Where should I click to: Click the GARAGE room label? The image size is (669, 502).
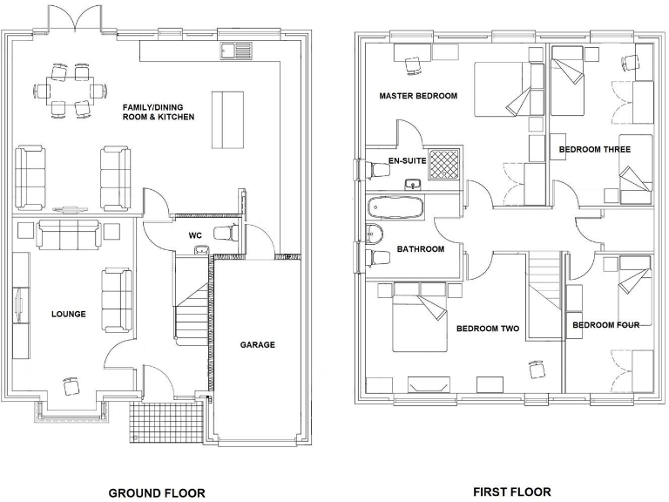pos(258,344)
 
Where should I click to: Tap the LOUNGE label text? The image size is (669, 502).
pos(68,314)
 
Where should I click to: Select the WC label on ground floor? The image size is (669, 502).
pos(195,235)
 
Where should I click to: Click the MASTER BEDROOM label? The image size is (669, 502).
pos(418,96)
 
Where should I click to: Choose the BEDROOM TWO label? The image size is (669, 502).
pos(488,329)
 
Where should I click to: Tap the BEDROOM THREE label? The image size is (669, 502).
pos(594,149)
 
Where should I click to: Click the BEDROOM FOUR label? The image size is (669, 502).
pos(605,325)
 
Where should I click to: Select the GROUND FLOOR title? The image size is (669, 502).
pos(157,492)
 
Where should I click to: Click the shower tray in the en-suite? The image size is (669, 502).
pos(446,163)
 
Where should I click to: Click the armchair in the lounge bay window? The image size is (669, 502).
pos(70,385)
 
